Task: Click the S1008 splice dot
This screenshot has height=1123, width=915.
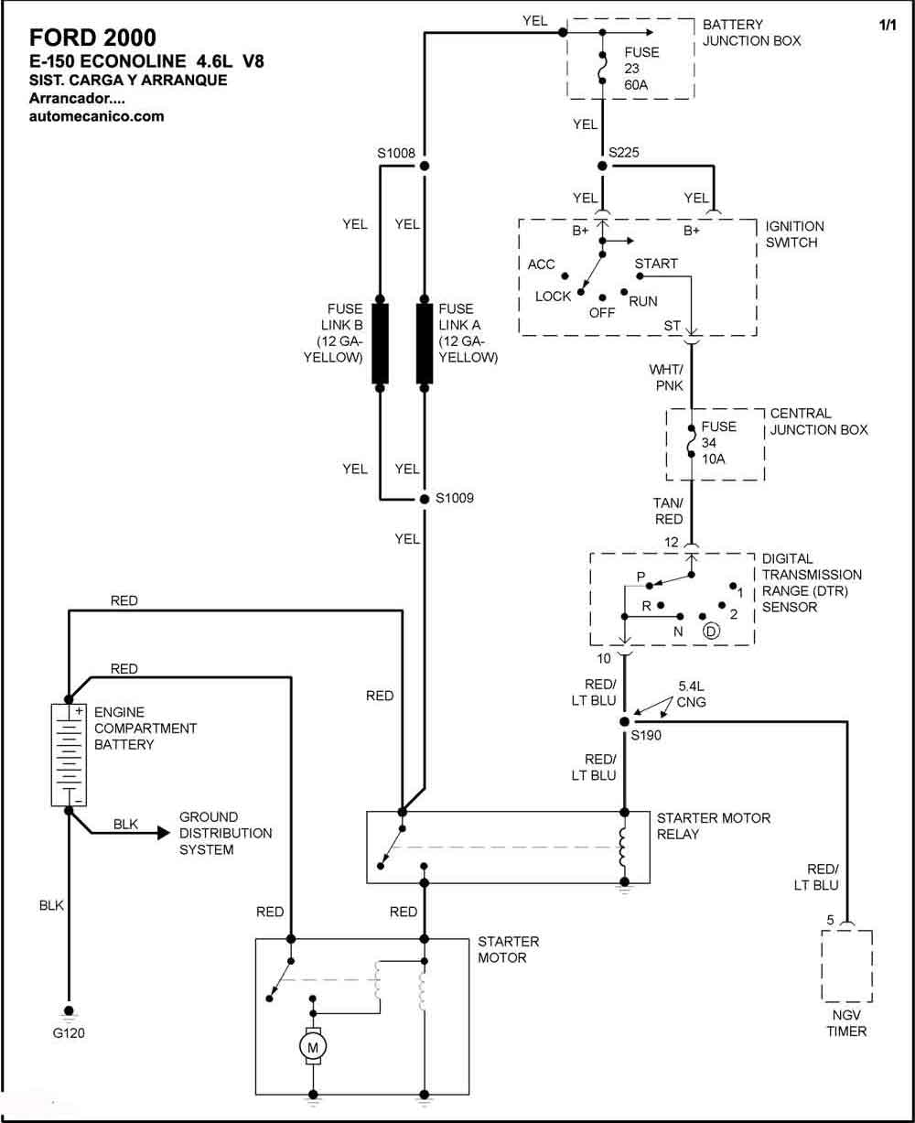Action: coord(425,166)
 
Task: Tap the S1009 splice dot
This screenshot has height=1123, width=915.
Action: coord(425,499)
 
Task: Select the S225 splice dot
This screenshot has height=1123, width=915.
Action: coord(602,166)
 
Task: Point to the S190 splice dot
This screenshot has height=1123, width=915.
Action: coord(625,722)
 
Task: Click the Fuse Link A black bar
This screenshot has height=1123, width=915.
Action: coord(425,343)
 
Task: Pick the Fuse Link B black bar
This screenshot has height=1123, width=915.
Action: coord(380,343)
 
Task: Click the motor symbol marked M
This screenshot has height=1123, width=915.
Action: coord(313,1046)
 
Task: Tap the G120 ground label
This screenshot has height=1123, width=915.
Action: coord(69,1032)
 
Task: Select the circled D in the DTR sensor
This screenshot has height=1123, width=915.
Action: coord(711,632)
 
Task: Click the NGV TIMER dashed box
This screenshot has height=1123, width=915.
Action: coord(846,966)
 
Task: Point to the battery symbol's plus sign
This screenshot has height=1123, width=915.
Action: coord(79,711)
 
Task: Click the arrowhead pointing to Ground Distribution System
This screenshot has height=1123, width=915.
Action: coord(164,833)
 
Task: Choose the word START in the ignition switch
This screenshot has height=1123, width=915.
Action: coord(656,264)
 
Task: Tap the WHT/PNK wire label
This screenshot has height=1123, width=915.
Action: coord(666,377)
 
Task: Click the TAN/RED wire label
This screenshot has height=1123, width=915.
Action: coord(668,511)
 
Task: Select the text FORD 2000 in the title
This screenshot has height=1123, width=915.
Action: coord(92,38)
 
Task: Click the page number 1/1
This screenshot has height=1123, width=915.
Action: coord(888,25)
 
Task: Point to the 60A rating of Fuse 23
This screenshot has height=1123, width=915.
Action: coord(636,85)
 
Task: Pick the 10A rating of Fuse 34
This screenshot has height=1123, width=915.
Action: coord(713,459)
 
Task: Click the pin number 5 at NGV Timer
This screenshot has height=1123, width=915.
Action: coord(830,921)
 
